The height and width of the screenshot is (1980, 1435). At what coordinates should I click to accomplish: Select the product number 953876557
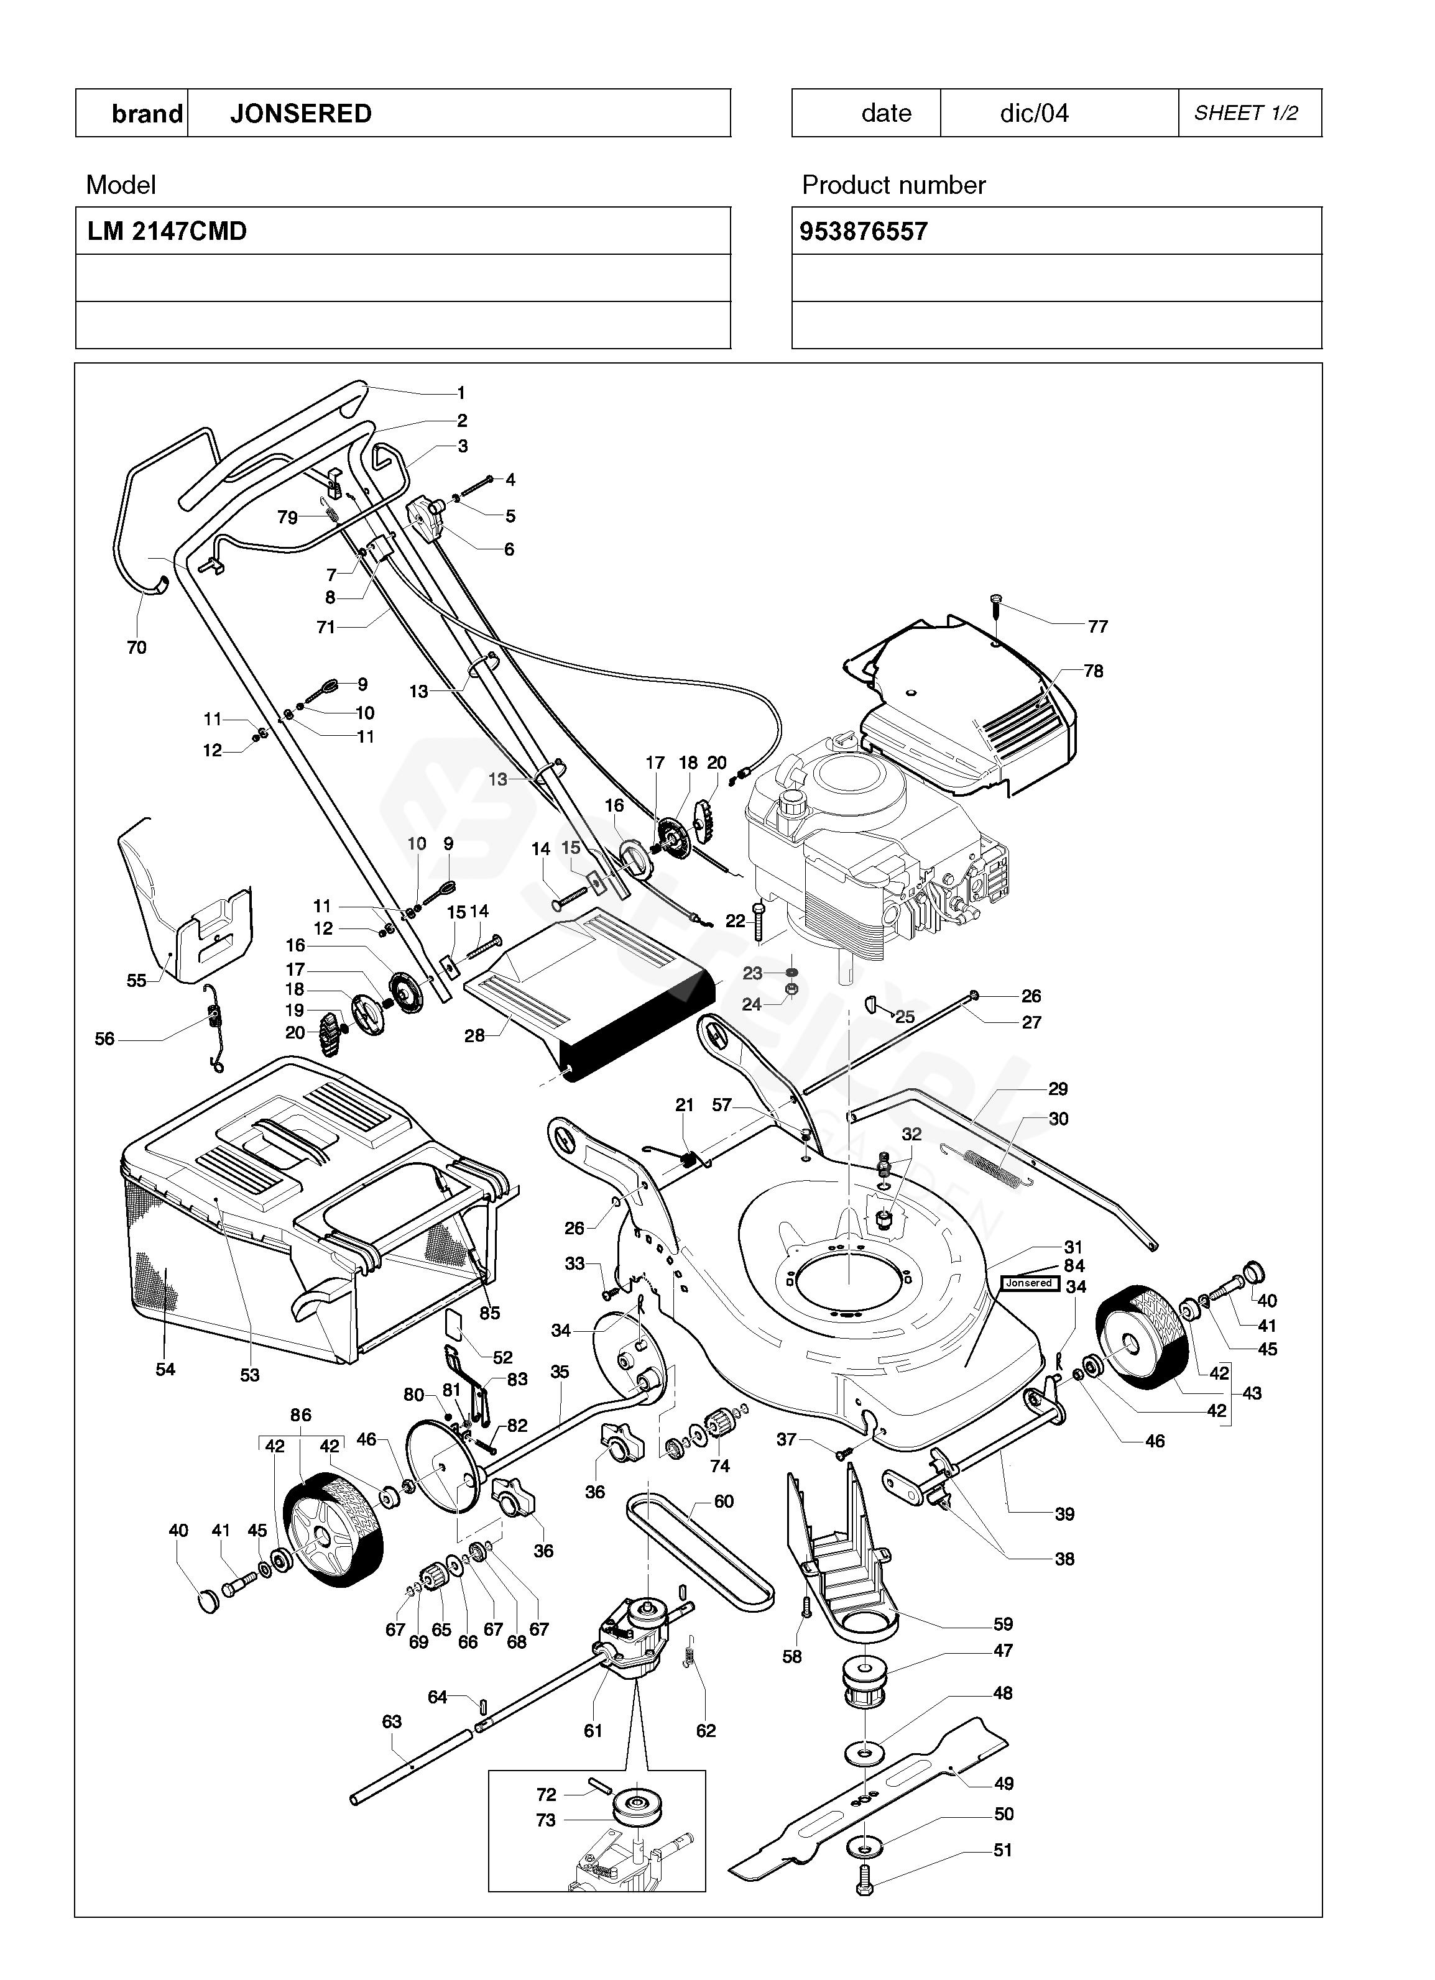click(x=863, y=231)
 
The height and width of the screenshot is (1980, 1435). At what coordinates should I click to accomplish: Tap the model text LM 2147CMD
click(x=167, y=231)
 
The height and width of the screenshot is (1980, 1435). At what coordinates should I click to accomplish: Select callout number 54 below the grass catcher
click(x=165, y=1370)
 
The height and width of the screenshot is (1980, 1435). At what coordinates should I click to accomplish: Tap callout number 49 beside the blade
click(x=1004, y=1784)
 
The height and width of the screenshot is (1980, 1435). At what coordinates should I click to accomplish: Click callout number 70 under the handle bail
click(x=136, y=647)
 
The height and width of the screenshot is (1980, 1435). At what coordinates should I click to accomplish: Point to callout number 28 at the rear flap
click(x=474, y=1036)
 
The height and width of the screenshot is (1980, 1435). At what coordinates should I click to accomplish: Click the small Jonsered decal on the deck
click(x=1030, y=1283)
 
